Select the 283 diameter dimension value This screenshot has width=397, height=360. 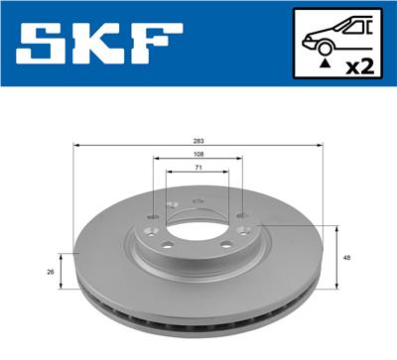[198, 141]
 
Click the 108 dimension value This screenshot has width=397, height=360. [198, 155]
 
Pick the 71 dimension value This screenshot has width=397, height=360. [198, 169]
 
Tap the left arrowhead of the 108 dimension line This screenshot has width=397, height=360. [156, 161]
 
